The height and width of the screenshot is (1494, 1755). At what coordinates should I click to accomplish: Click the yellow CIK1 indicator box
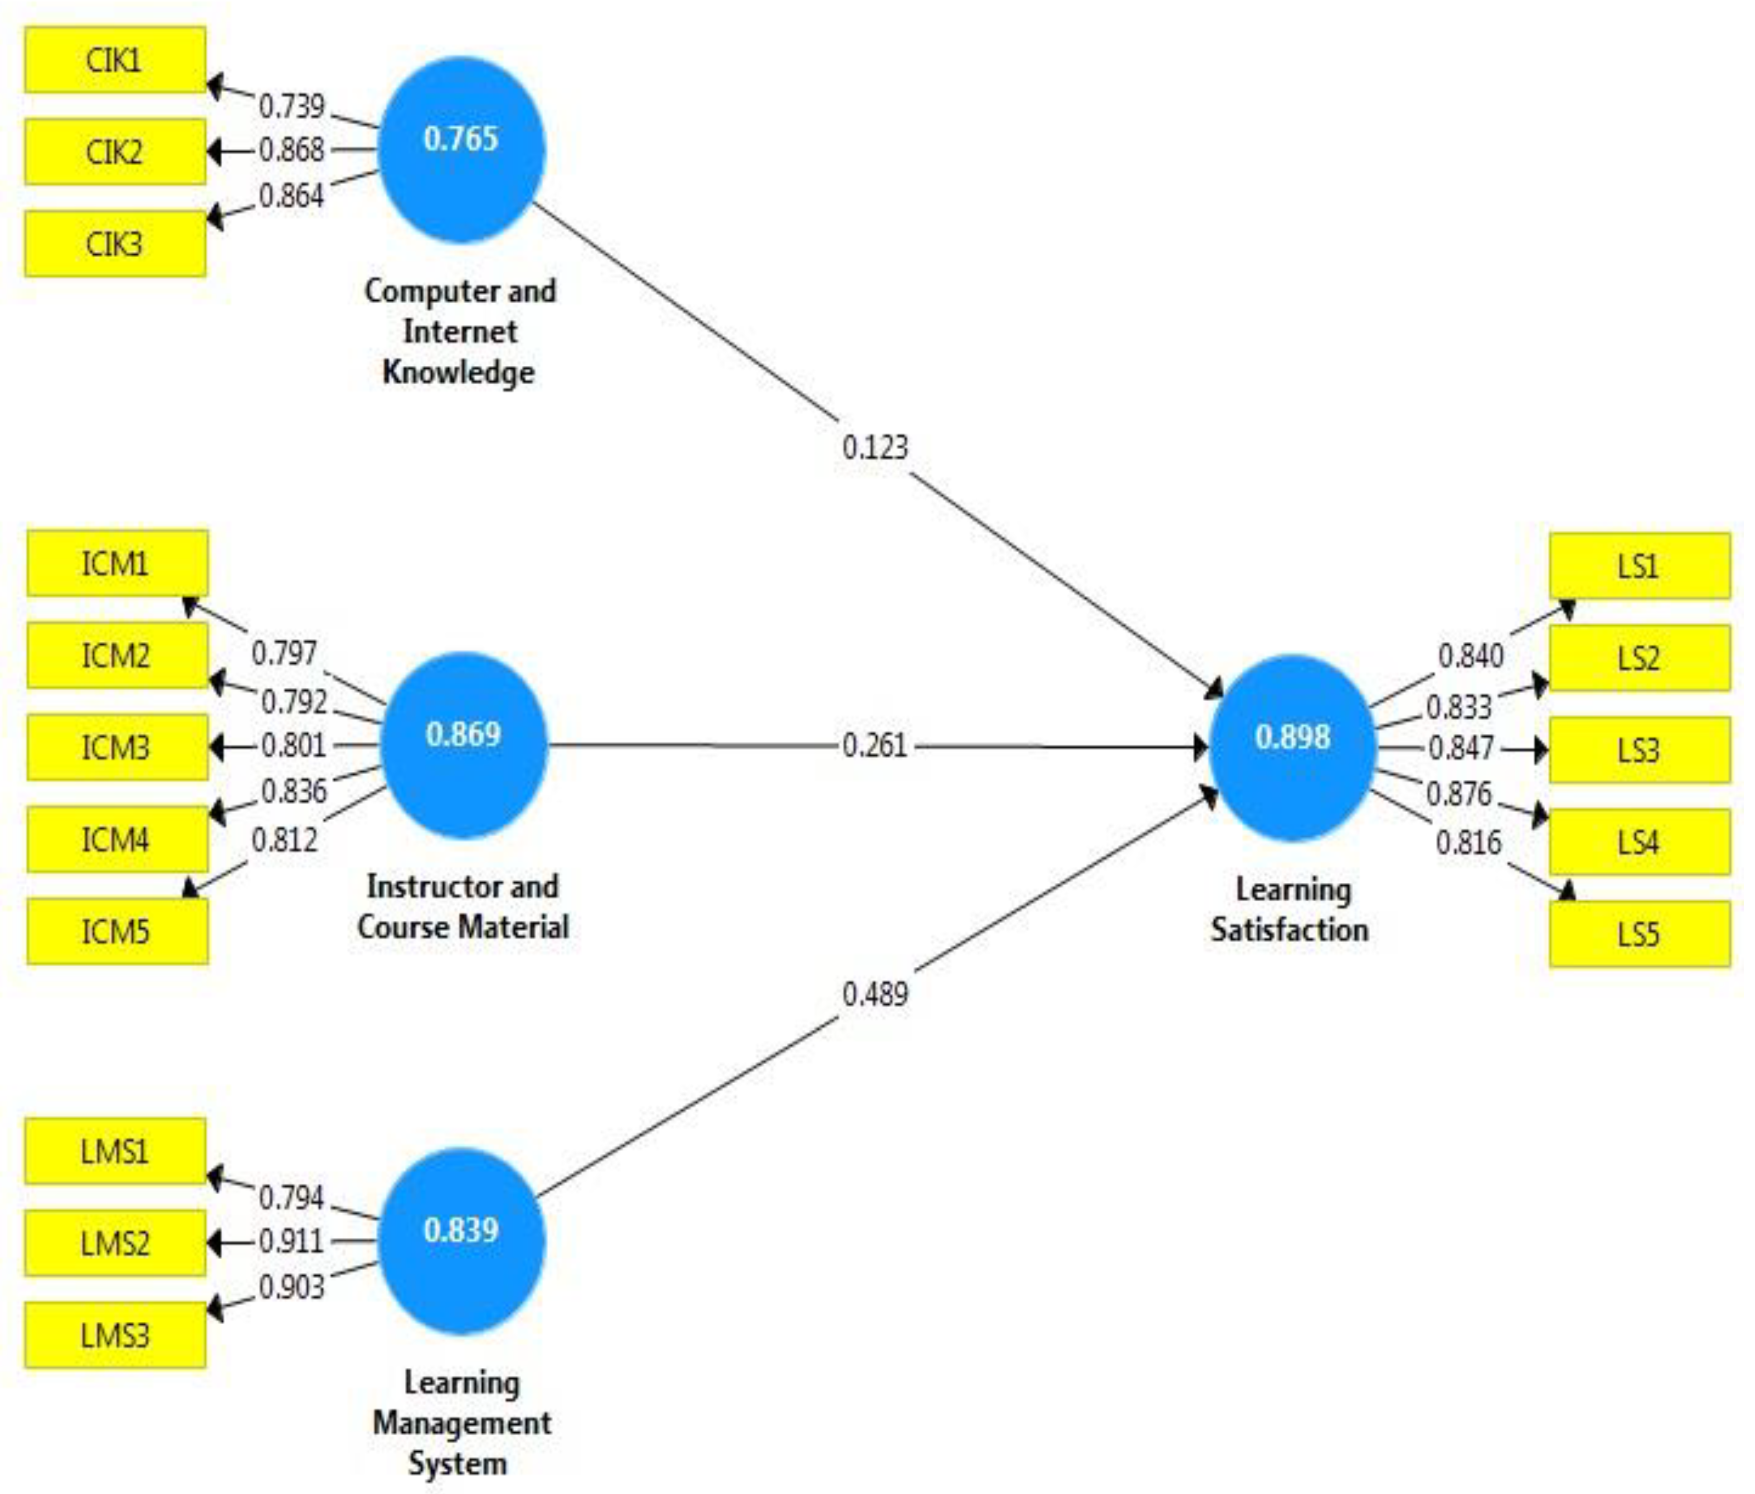click(115, 60)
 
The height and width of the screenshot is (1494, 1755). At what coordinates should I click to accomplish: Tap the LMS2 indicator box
click(115, 1242)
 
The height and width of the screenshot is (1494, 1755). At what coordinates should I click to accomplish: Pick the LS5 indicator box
click(1639, 934)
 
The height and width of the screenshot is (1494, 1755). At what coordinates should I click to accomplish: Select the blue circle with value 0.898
click(1292, 747)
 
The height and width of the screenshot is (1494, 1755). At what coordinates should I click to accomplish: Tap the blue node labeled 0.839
click(461, 1241)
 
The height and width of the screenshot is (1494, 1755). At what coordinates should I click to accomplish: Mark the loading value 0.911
click(291, 1242)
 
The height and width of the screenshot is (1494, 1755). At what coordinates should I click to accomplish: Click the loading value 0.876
click(1458, 794)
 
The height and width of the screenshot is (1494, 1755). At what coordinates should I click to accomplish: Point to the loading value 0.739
click(291, 106)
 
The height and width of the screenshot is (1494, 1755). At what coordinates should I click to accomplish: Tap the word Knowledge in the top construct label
click(458, 372)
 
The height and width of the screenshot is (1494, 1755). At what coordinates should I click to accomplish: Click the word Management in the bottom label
click(462, 1423)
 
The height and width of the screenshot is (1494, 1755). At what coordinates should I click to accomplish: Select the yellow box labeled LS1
click(1639, 566)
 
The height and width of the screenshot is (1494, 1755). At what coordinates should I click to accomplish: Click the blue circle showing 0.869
click(463, 745)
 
